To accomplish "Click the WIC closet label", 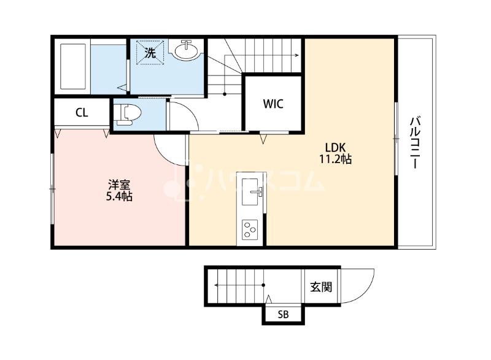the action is coord(273,104).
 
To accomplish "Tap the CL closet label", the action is coord(82,113).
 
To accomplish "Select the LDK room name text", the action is coord(335,147).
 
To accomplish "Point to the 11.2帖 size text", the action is coord(335,159).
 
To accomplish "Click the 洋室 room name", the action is coord(119,185).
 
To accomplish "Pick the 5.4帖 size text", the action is coord(119,196).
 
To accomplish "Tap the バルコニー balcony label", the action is coord(415,143).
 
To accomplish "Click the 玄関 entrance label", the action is coord(321,287).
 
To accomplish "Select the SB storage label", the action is coord(283,315).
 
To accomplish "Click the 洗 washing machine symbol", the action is coord(150,53).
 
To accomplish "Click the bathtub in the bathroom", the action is coord(73,66).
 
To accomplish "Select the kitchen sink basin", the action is coord(250,192).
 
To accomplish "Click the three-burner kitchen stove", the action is coord(250,229).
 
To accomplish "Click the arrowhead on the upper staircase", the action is coord(296,55).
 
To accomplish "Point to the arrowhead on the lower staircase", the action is coord(217,285).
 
